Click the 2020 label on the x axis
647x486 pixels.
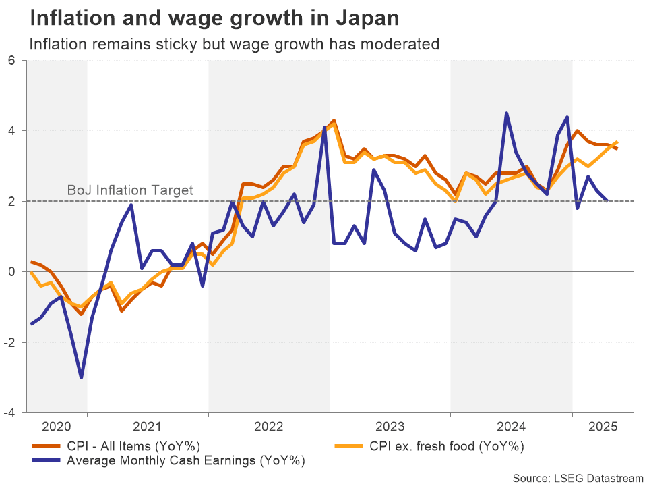tap(57, 427)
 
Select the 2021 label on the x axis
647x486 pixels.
tap(148, 427)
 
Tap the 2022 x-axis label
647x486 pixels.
tap(269, 427)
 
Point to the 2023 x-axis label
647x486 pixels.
tap(390, 427)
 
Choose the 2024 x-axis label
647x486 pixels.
tap(512, 427)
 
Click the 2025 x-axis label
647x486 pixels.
tap(603, 427)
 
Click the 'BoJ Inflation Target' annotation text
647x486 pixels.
tap(130, 190)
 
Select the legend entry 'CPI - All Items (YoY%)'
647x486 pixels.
tap(133, 446)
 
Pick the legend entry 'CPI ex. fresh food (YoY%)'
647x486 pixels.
tap(446, 446)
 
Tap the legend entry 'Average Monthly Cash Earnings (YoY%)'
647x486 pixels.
tap(185, 461)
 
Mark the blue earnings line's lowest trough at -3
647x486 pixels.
tap(82, 377)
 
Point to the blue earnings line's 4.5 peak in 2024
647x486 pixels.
tap(506, 113)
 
